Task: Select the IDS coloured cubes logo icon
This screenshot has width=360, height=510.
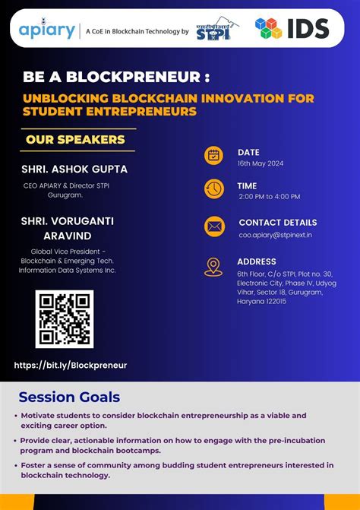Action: coord(268,29)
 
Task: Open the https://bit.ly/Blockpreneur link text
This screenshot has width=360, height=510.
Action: coord(71,365)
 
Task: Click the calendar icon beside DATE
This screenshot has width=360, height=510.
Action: coord(213,155)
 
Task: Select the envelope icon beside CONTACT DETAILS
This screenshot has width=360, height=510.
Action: coord(213,226)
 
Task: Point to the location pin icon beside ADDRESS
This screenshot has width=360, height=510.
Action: coord(213,266)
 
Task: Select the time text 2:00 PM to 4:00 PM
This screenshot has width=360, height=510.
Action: coord(269,197)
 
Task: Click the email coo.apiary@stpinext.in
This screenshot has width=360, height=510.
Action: coord(275,235)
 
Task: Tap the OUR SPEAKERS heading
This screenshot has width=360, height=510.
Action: coord(75,140)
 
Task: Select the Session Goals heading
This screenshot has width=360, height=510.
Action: coord(69,397)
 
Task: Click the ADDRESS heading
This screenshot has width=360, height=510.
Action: coord(257,261)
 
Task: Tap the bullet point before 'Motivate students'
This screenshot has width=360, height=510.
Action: coord(16,417)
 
